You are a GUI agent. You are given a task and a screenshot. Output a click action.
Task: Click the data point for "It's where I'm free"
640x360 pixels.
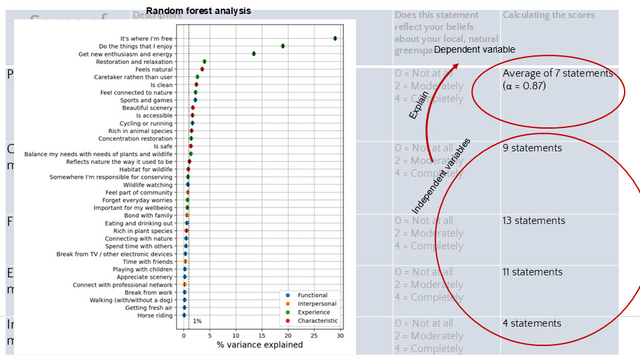click(x=335, y=39)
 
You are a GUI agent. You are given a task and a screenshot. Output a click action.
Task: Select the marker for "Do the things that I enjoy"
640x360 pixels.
click(x=283, y=46)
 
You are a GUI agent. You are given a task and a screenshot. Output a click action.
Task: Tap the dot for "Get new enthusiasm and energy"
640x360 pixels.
click(x=254, y=54)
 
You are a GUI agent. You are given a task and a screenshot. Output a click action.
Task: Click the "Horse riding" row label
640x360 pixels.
click(x=155, y=315)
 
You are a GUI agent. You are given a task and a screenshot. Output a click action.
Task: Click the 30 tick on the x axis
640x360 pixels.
click(x=339, y=335)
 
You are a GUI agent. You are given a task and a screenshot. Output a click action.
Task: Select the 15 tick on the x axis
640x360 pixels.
click(x=261, y=335)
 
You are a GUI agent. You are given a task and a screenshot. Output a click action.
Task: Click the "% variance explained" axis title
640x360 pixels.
click(x=259, y=345)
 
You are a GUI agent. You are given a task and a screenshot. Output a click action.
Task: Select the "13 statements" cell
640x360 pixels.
click(x=534, y=221)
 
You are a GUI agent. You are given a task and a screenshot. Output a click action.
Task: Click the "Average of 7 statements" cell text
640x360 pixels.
click(x=557, y=73)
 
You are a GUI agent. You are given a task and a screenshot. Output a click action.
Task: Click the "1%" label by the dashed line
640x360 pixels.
click(x=197, y=321)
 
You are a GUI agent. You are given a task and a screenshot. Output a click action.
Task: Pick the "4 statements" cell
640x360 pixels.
click(x=532, y=323)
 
